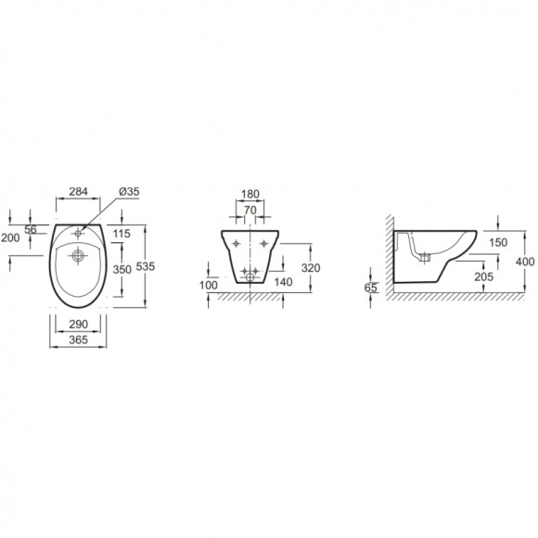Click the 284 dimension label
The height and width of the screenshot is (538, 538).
coord(78,191)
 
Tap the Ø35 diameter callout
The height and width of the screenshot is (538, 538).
coord(129,191)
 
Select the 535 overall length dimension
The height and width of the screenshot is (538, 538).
coord(146,266)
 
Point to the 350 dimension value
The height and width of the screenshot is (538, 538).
coord(122,269)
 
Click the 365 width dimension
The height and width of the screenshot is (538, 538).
coord(78,339)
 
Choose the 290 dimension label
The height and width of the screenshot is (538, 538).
coord(78,324)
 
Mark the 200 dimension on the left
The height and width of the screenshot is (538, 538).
coord(10,237)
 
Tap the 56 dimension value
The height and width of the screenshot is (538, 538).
coord(31,229)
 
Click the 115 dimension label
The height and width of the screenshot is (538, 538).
coord(122,234)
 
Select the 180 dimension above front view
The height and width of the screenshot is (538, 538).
coord(250,194)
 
